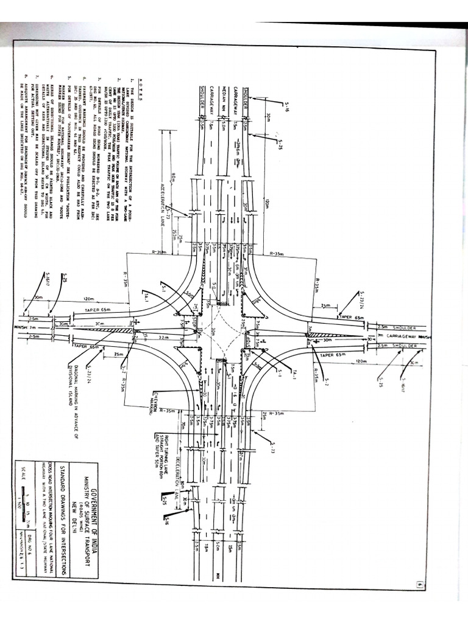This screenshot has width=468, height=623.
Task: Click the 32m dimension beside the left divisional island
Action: point(163,336)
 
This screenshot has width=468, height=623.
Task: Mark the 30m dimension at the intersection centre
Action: point(213,332)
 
